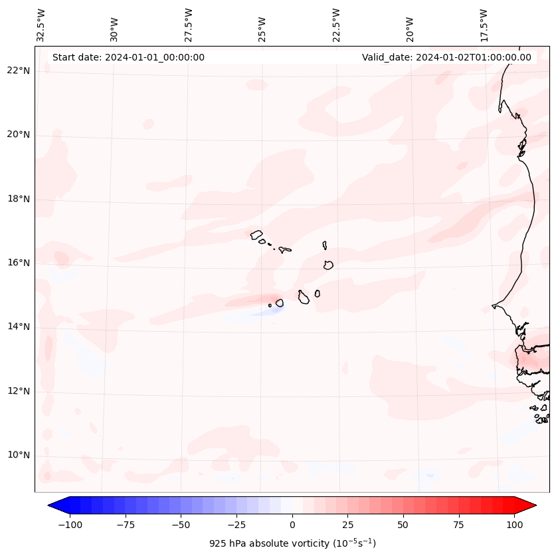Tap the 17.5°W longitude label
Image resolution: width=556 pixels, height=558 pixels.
(484, 25)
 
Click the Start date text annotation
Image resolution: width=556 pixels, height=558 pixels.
(128, 57)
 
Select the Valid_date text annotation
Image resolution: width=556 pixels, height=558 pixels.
(446, 57)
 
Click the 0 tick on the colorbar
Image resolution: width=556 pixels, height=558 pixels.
(292, 525)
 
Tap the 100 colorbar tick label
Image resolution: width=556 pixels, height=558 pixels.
(513, 525)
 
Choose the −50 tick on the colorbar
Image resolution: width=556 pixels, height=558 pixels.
(181, 525)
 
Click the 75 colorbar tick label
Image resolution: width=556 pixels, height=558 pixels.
(458, 525)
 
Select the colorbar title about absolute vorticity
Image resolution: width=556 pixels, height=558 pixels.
(292, 543)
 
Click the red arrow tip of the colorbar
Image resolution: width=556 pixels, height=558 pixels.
(530, 505)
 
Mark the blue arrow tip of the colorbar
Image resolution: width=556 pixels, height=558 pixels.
(54, 505)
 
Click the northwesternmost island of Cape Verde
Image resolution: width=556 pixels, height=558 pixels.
(256, 234)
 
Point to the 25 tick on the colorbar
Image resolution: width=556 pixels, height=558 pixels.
(347, 525)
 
